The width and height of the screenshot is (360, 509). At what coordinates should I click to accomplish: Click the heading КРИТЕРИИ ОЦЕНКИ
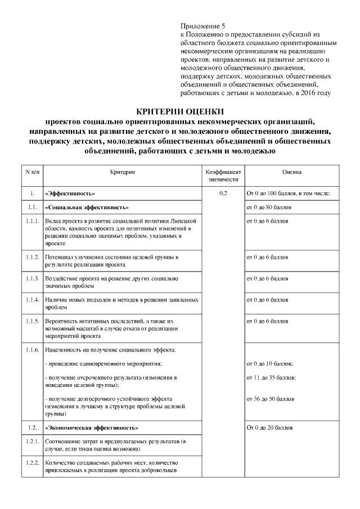point(180,111)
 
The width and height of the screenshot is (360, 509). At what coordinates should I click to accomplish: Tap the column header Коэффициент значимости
point(223,175)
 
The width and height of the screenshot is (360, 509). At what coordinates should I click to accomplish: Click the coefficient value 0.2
point(223,194)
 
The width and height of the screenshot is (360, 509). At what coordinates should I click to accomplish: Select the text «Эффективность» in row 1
point(70,194)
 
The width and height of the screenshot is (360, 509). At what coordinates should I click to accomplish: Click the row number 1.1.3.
point(32,278)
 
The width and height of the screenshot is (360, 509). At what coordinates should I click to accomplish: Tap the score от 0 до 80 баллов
point(269,208)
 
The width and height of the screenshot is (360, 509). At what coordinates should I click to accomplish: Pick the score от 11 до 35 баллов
point(271,377)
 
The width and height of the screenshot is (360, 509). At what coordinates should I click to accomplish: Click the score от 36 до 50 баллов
point(271,399)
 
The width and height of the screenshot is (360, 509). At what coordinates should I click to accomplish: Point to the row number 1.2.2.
point(32,463)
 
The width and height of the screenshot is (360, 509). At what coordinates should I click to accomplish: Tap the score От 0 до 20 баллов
point(270,428)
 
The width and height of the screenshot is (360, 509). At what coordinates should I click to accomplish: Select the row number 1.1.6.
point(32,350)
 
